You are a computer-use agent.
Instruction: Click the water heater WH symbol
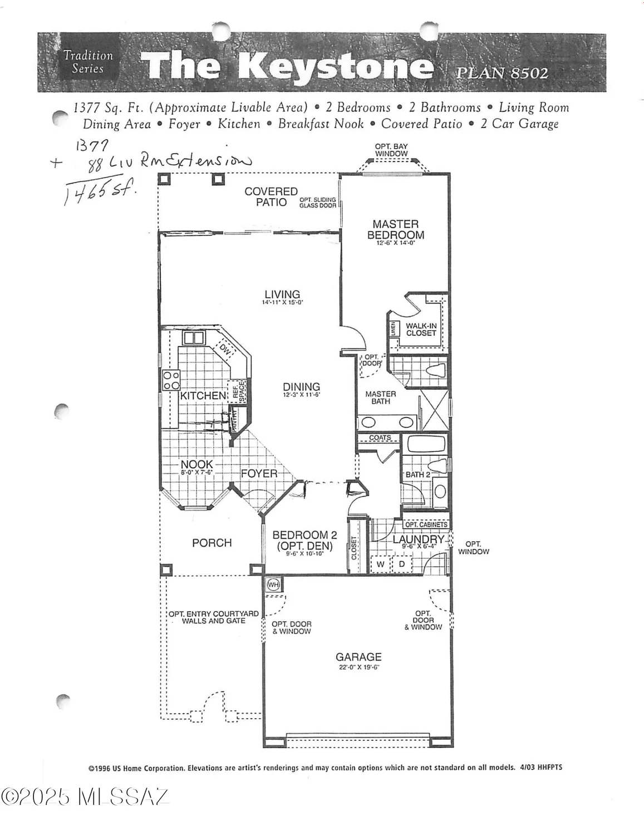tap(273, 584)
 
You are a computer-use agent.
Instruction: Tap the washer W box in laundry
tap(381, 564)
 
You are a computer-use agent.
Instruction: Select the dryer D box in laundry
tap(402, 564)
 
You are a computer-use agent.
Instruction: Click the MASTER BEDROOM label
tap(396, 229)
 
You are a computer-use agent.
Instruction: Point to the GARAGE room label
tap(358, 657)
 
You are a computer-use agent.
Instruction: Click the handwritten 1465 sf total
tap(100, 193)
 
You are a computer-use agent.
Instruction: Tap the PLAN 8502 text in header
tap(502, 73)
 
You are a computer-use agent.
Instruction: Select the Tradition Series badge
tap(88, 62)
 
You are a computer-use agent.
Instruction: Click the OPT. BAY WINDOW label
tap(391, 150)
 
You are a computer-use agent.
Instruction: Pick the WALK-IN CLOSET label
tap(421, 330)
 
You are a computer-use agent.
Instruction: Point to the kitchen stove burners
tap(171, 380)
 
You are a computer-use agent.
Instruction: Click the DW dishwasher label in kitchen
tap(225, 350)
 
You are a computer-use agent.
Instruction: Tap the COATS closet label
tap(380, 438)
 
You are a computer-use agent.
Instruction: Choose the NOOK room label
tap(196, 464)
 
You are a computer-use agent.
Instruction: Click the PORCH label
tap(212, 543)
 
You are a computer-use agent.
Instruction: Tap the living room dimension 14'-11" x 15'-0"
tap(282, 303)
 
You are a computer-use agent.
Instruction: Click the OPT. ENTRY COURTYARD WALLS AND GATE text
tap(214, 617)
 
